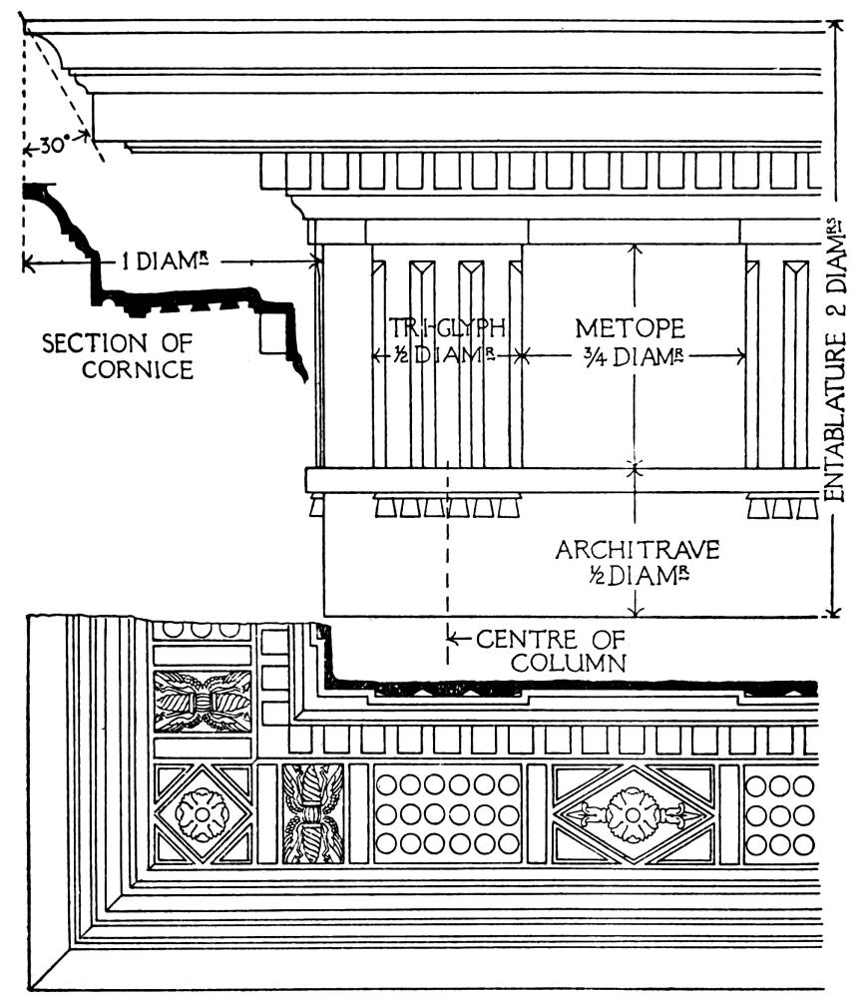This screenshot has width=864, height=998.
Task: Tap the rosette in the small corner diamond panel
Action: (x=203, y=813)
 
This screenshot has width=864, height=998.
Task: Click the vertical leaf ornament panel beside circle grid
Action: (x=312, y=813)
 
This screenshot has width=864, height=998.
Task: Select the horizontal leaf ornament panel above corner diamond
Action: (x=202, y=701)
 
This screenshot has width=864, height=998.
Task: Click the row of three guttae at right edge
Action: (x=783, y=507)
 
